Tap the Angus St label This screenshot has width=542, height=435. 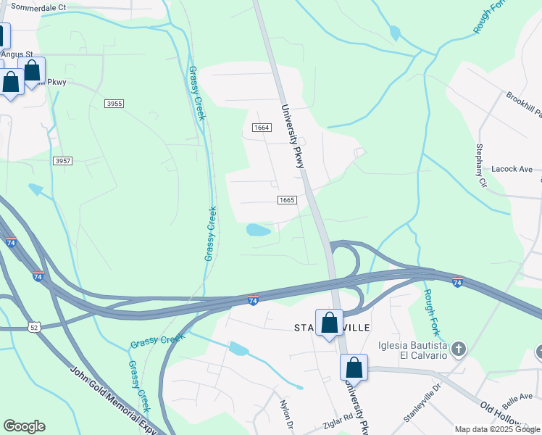[17, 54]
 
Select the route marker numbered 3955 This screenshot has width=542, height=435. [114, 104]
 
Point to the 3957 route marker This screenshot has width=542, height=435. [62, 160]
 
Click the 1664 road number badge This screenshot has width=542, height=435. [262, 128]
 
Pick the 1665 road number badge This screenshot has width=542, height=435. [287, 199]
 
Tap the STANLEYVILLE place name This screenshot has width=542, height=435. [333, 328]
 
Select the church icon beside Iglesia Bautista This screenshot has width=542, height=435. [457, 350]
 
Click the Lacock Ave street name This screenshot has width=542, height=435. [512, 169]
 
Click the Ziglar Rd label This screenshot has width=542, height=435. [338, 418]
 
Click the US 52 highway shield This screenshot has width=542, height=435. [33, 328]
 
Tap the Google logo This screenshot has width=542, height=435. [25, 426]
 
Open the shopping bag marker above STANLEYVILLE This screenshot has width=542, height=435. [329, 323]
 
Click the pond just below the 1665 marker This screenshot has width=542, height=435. [258, 231]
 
